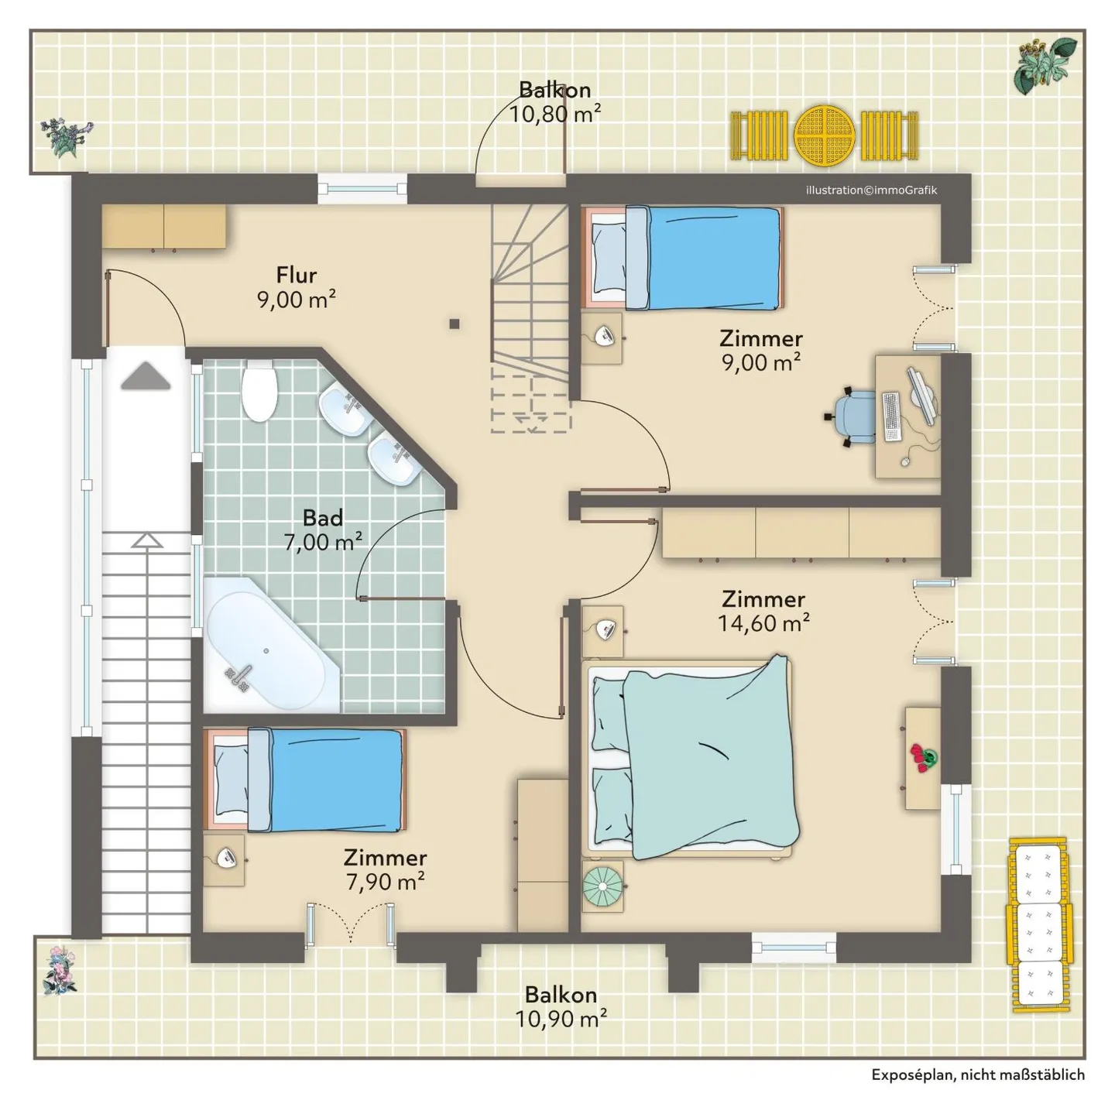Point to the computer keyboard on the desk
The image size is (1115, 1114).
pyautogui.click(x=892, y=416)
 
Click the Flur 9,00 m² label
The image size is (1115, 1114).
pyautogui.click(x=297, y=287)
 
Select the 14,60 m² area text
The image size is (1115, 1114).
pyautogui.click(x=763, y=623)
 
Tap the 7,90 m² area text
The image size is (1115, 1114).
pyautogui.click(x=386, y=882)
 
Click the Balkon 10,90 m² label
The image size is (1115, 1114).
pyautogui.click(x=561, y=1007)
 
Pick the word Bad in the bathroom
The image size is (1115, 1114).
pyautogui.click(x=323, y=517)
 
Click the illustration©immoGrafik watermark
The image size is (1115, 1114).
pyautogui.click(x=871, y=190)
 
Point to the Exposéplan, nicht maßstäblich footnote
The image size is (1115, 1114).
pyautogui.click(x=978, y=1075)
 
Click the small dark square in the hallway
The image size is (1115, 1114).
pyautogui.click(x=455, y=324)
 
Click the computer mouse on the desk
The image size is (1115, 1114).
pyautogui.click(x=905, y=461)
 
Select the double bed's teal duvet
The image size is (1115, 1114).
pyautogui.click(x=711, y=757)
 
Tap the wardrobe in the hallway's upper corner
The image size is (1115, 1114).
pyautogui.click(x=163, y=226)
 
